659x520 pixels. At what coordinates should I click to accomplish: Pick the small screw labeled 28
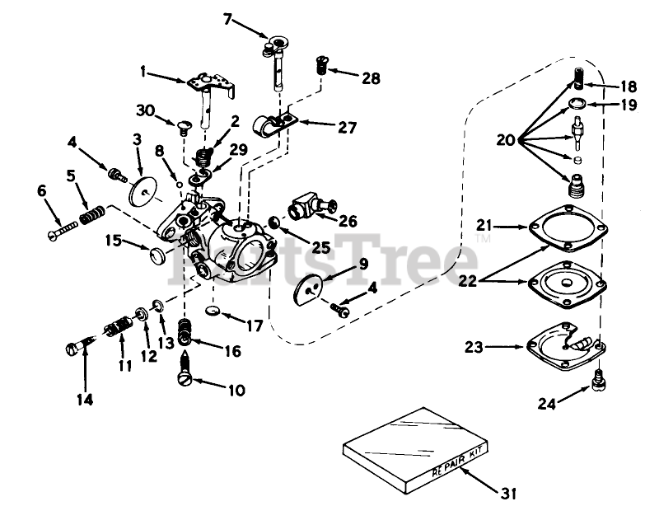coord(323,62)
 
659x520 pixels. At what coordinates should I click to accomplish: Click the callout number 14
coord(86,400)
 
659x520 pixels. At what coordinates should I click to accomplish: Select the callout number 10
coord(236,391)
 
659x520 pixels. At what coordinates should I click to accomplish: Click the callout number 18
coord(629,86)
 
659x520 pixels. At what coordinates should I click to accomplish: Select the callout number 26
coord(348,220)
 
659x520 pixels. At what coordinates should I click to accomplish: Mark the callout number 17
coord(255,326)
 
